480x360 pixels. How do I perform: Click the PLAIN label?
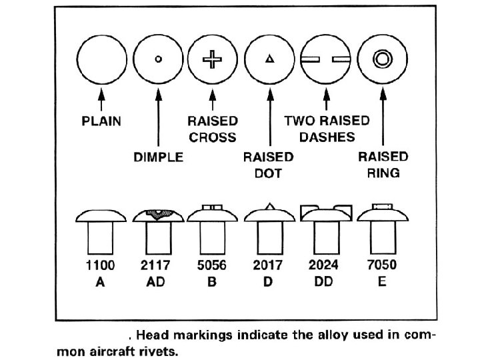pos(102,122)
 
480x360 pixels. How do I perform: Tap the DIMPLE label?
pos(158,158)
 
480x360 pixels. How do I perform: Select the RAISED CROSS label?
pos(213,129)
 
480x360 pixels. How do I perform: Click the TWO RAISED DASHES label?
pos(327,129)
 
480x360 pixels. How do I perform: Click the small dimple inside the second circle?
pos(158,59)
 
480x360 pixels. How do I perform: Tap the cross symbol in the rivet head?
pos(213,59)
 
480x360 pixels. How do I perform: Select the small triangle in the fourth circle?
pos(269,59)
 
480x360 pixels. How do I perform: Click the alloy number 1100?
pos(101,265)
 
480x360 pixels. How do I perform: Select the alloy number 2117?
pos(157,265)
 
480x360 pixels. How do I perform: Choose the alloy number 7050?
pos(382,265)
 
